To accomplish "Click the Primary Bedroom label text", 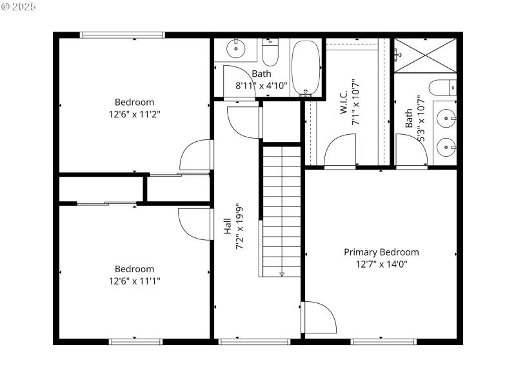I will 381,252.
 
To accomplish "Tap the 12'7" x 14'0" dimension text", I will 381,264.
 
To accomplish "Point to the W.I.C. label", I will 343,102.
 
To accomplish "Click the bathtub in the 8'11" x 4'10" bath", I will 306,67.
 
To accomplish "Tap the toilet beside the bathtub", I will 271,53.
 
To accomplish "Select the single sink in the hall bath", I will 237,48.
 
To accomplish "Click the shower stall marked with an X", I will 424,55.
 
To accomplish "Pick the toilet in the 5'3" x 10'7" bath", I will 444,87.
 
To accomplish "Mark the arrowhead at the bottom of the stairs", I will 281,273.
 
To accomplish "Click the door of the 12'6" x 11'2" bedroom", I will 195,155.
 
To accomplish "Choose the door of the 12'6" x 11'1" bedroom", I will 195,224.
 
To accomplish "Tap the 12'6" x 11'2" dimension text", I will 134,114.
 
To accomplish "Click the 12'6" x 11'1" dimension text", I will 134,281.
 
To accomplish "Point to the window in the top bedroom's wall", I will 123,35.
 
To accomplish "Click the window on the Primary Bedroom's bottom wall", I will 383,341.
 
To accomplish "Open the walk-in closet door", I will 340,154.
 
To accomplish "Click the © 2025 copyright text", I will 19,6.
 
